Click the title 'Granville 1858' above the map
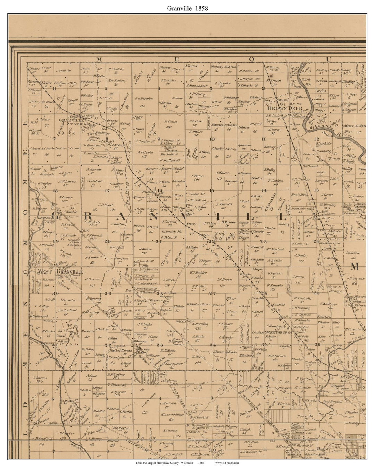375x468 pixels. pos(187,8)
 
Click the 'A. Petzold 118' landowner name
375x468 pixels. pos(145,154)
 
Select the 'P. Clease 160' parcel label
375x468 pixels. pos(171,124)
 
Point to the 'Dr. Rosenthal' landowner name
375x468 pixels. pos(92,145)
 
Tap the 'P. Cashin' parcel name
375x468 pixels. pos(276,181)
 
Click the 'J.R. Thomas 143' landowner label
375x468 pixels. pos(300,181)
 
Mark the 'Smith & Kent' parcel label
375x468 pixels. pos(67,310)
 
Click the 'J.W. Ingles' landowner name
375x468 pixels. pos(145,324)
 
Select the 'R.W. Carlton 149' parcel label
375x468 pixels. pos(277,358)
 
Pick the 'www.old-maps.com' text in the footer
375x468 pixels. pos(227,463)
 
